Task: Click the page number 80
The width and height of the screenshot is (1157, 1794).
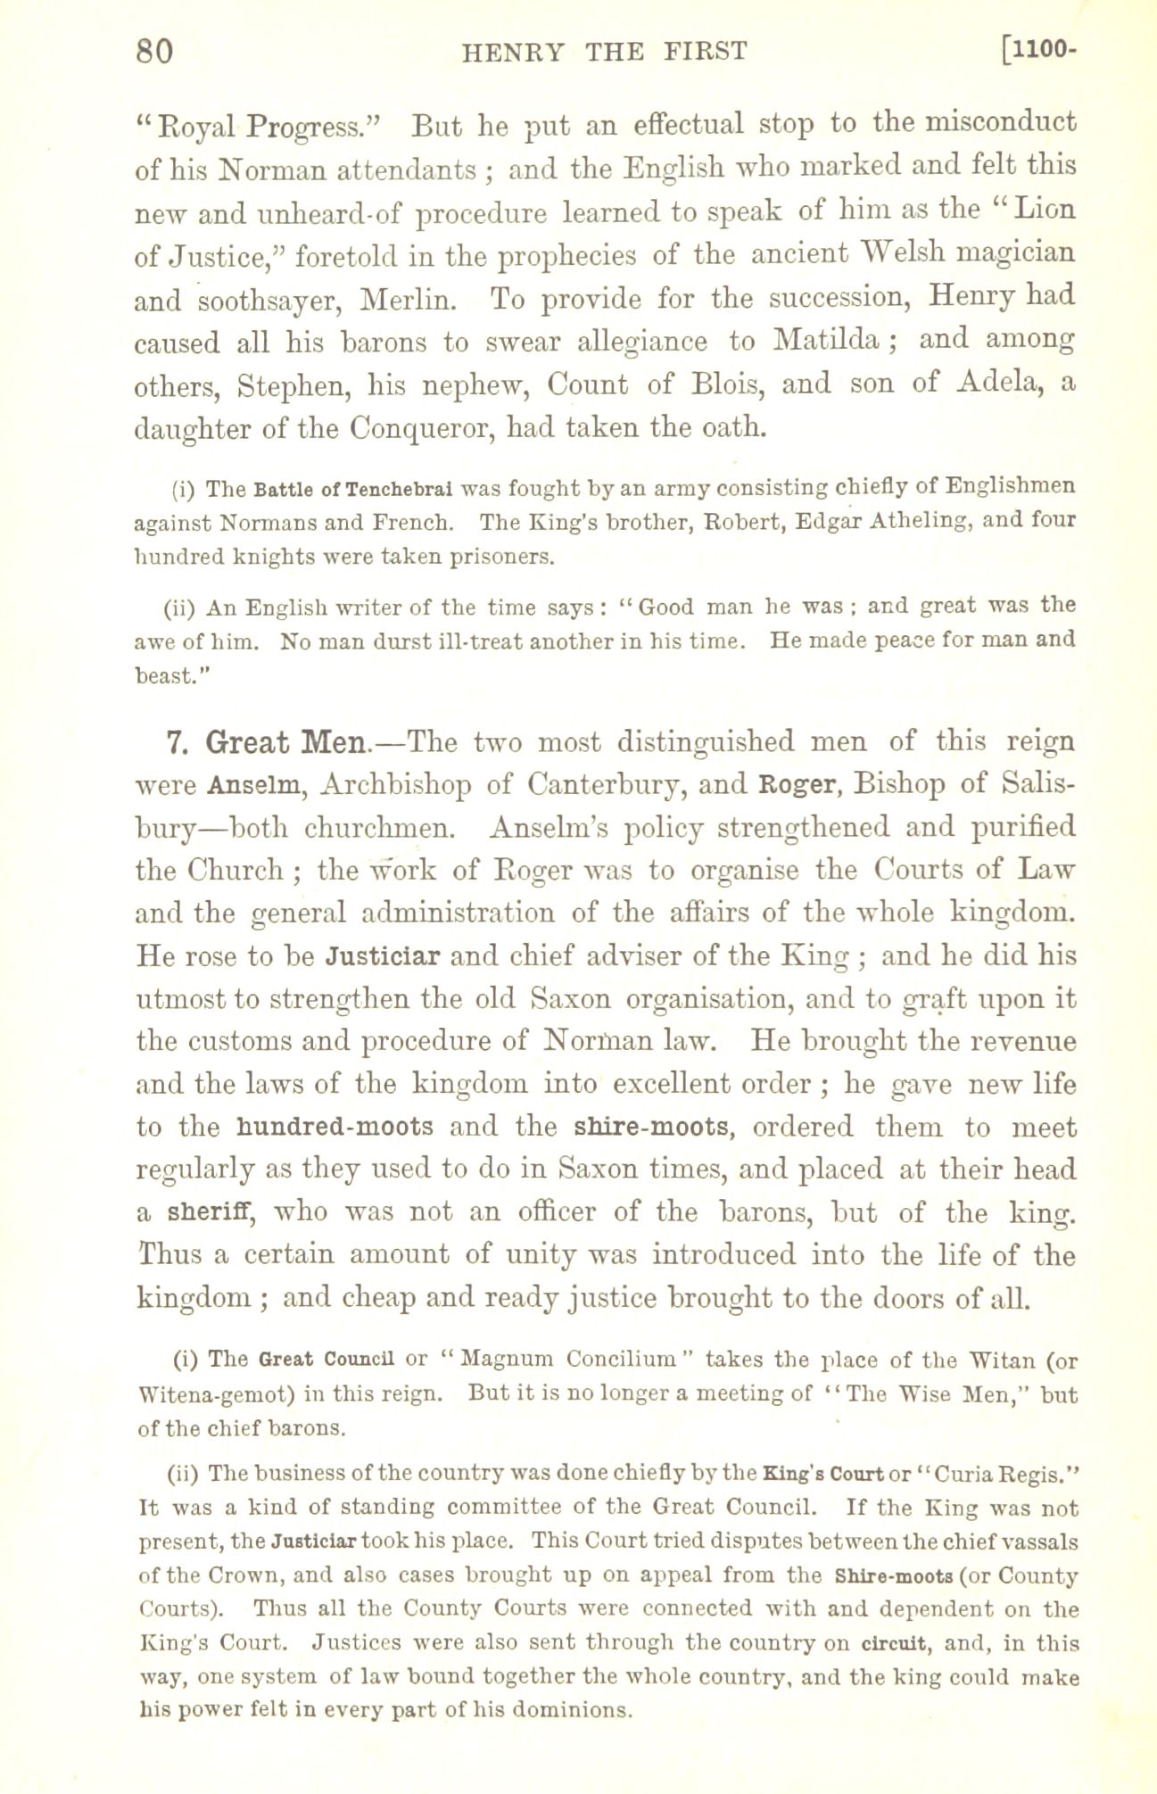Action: [153, 52]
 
